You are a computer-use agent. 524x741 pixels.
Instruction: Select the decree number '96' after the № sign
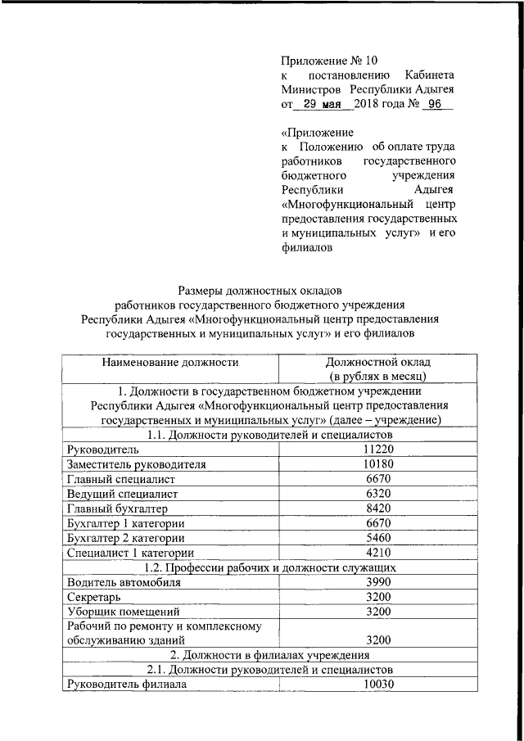coord(434,104)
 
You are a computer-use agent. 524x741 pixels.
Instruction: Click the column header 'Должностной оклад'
coord(377,361)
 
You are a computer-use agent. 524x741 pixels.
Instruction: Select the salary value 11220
coord(378,450)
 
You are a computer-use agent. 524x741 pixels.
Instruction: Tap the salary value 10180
coord(378,464)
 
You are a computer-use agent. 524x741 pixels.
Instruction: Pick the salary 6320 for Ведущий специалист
coord(378,494)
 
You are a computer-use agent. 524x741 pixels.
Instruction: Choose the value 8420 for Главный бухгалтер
coord(378,508)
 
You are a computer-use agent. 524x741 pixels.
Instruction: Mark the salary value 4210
coord(378,553)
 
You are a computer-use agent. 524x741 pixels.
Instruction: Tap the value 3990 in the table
coord(378,582)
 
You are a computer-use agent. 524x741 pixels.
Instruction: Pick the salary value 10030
coord(378,684)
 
